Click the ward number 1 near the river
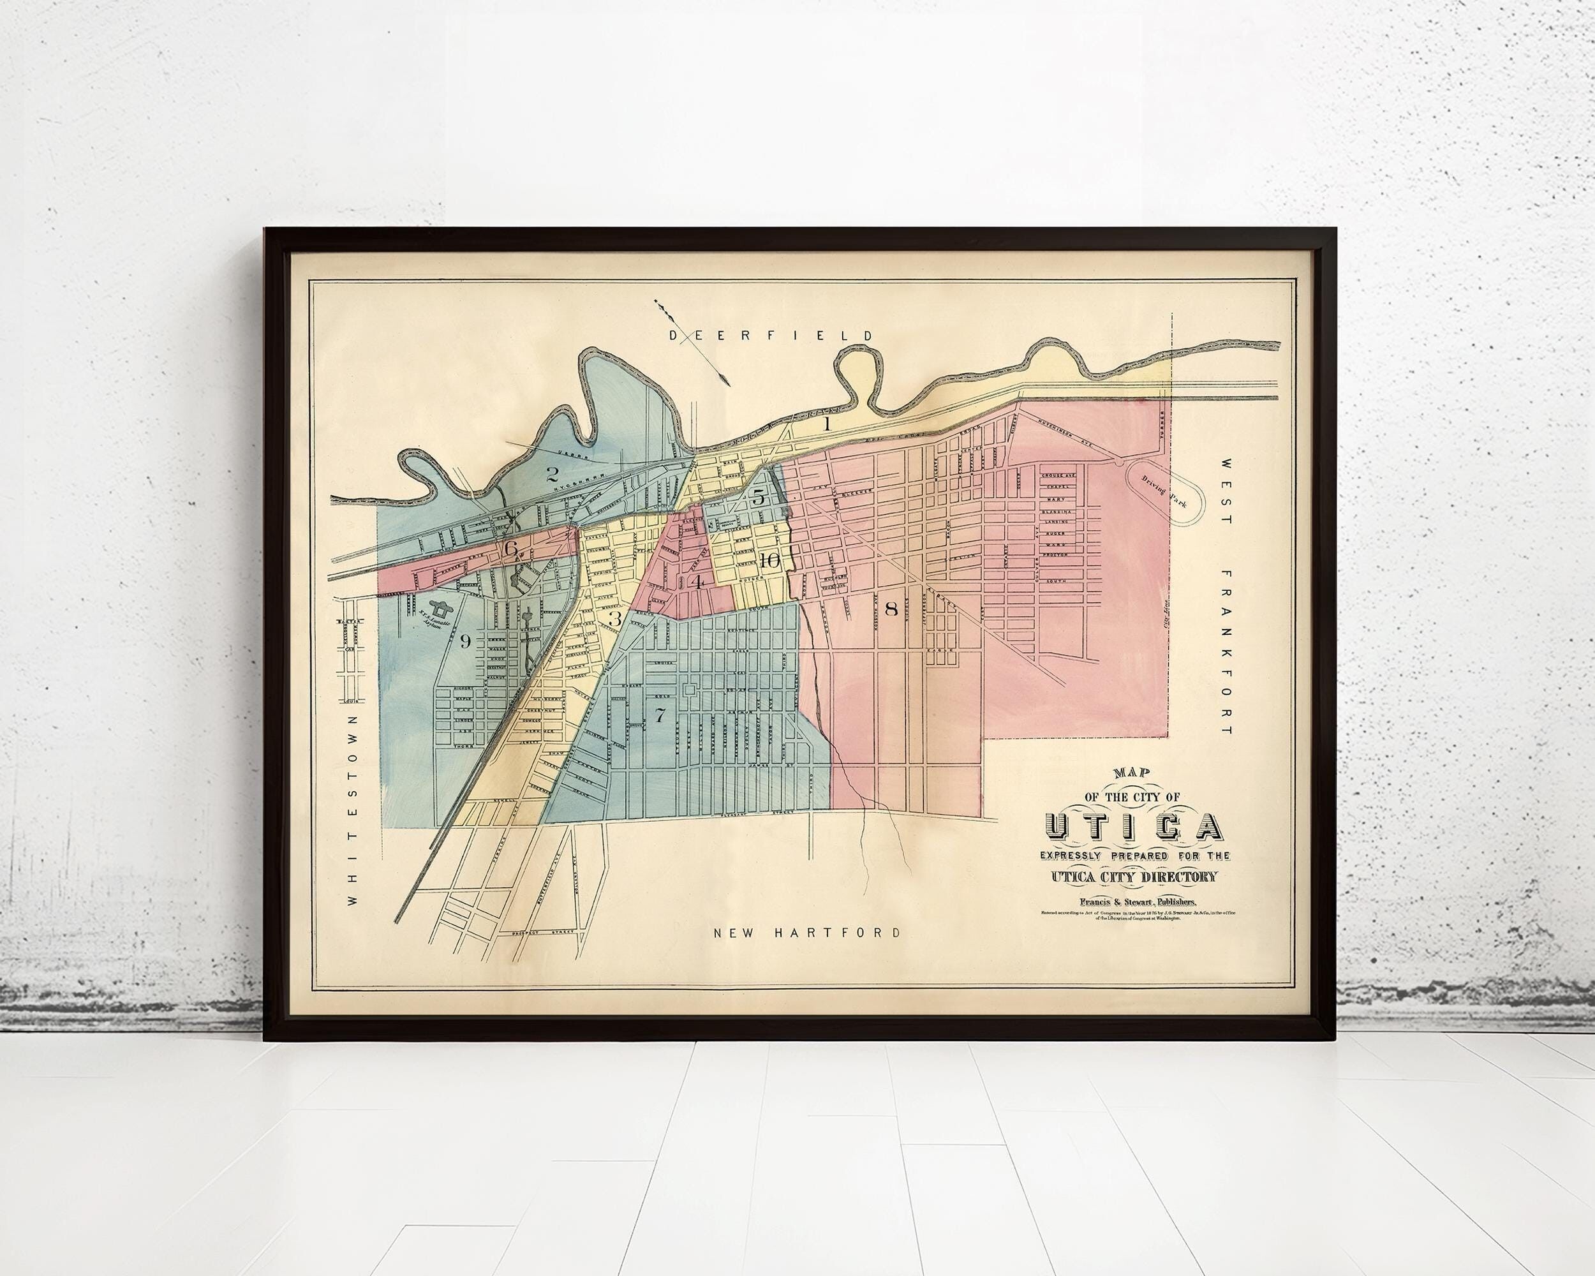[x=827, y=424]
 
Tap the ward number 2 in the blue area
[x=551, y=474]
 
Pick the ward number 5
[x=759, y=497]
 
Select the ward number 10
[x=769, y=561]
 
